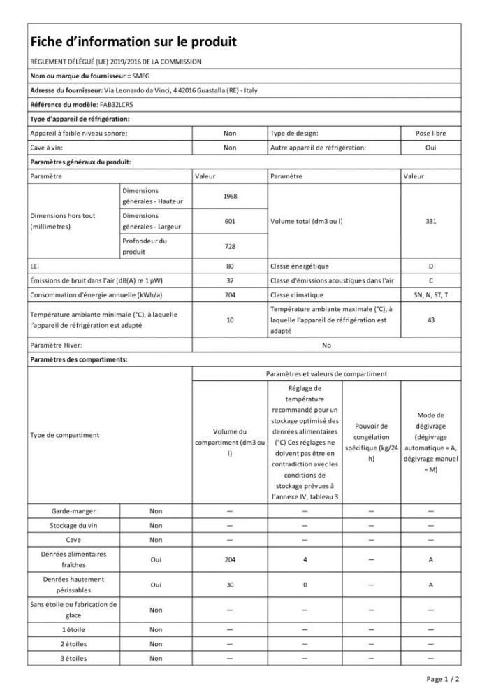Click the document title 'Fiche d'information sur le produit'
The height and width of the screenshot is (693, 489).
click(x=133, y=42)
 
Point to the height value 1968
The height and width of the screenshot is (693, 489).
click(x=230, y=196)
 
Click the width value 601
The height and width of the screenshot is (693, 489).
click(x=230, y=221)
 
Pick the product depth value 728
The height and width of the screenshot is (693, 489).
click(x=230, y=246)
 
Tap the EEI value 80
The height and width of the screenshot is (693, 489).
click(x=230, y=266)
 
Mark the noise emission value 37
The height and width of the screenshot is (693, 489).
click(x=230, y=280)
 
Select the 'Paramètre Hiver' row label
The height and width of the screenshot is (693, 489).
click(x=57, y=345)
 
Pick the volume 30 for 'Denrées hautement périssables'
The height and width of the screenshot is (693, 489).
click(x=230, y=585)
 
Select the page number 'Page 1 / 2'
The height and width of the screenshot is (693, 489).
click(x=442, y=678)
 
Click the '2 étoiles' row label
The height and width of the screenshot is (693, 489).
click(x=73, y=643)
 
